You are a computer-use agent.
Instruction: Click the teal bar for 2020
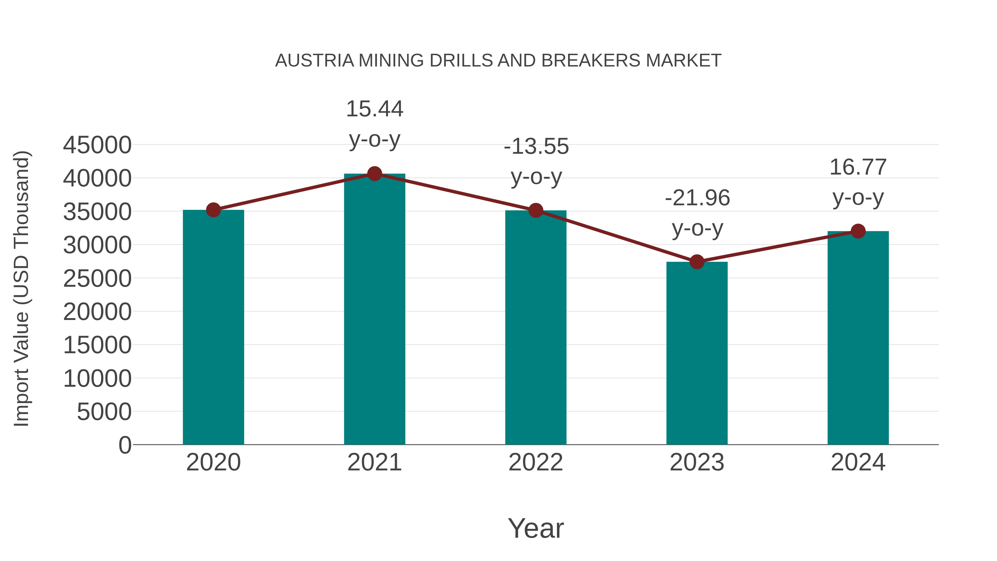click(x=213, y=327)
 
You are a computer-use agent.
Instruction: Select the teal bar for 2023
click(x=697, y=353)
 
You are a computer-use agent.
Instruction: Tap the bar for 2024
click(x=858, y=338)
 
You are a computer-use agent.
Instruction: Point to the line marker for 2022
click(x=536, y=211)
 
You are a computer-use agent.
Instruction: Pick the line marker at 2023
click(x=697, y=262)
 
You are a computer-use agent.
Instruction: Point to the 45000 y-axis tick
click(x=97, y=145)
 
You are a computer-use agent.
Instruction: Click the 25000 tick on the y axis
click(x=97, y=278)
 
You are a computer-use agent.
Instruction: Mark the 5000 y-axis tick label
click(x=104, y=412)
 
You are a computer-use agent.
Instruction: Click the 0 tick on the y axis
click(x=125, y=445)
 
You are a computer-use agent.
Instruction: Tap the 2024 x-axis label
click(x=858, y=462)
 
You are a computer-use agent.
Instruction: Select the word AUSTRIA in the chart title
click(x=315, y=61)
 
